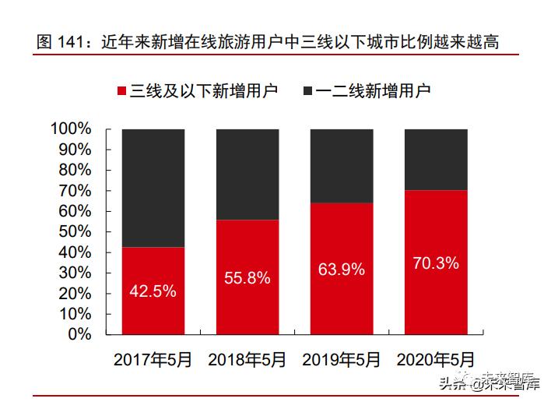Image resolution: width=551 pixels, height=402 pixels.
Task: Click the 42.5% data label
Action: (153, 291)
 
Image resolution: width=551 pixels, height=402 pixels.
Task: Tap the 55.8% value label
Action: (247, 277)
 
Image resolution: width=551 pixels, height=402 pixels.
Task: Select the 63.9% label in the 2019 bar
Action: (341, 270)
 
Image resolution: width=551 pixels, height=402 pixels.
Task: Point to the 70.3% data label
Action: (435, 263)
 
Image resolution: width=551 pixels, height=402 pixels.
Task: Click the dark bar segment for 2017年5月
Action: (153, 188)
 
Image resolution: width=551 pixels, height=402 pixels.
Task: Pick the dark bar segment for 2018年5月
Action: (247, 175)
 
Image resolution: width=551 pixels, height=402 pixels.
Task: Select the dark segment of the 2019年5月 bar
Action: (341, 166)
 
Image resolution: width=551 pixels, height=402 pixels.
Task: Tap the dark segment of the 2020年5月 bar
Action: (435, 160)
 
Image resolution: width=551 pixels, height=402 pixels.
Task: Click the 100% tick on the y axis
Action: (71, 129)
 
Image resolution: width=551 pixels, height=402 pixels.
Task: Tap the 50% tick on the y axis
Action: (75, 231)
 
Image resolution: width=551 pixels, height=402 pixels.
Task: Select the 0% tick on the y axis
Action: (80, 334)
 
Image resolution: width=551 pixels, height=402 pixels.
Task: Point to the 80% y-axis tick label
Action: (75, 170)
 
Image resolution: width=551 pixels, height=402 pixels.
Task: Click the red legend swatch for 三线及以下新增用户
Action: (121, 91)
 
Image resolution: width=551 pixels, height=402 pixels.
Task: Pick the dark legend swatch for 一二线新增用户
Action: (307, 91)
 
